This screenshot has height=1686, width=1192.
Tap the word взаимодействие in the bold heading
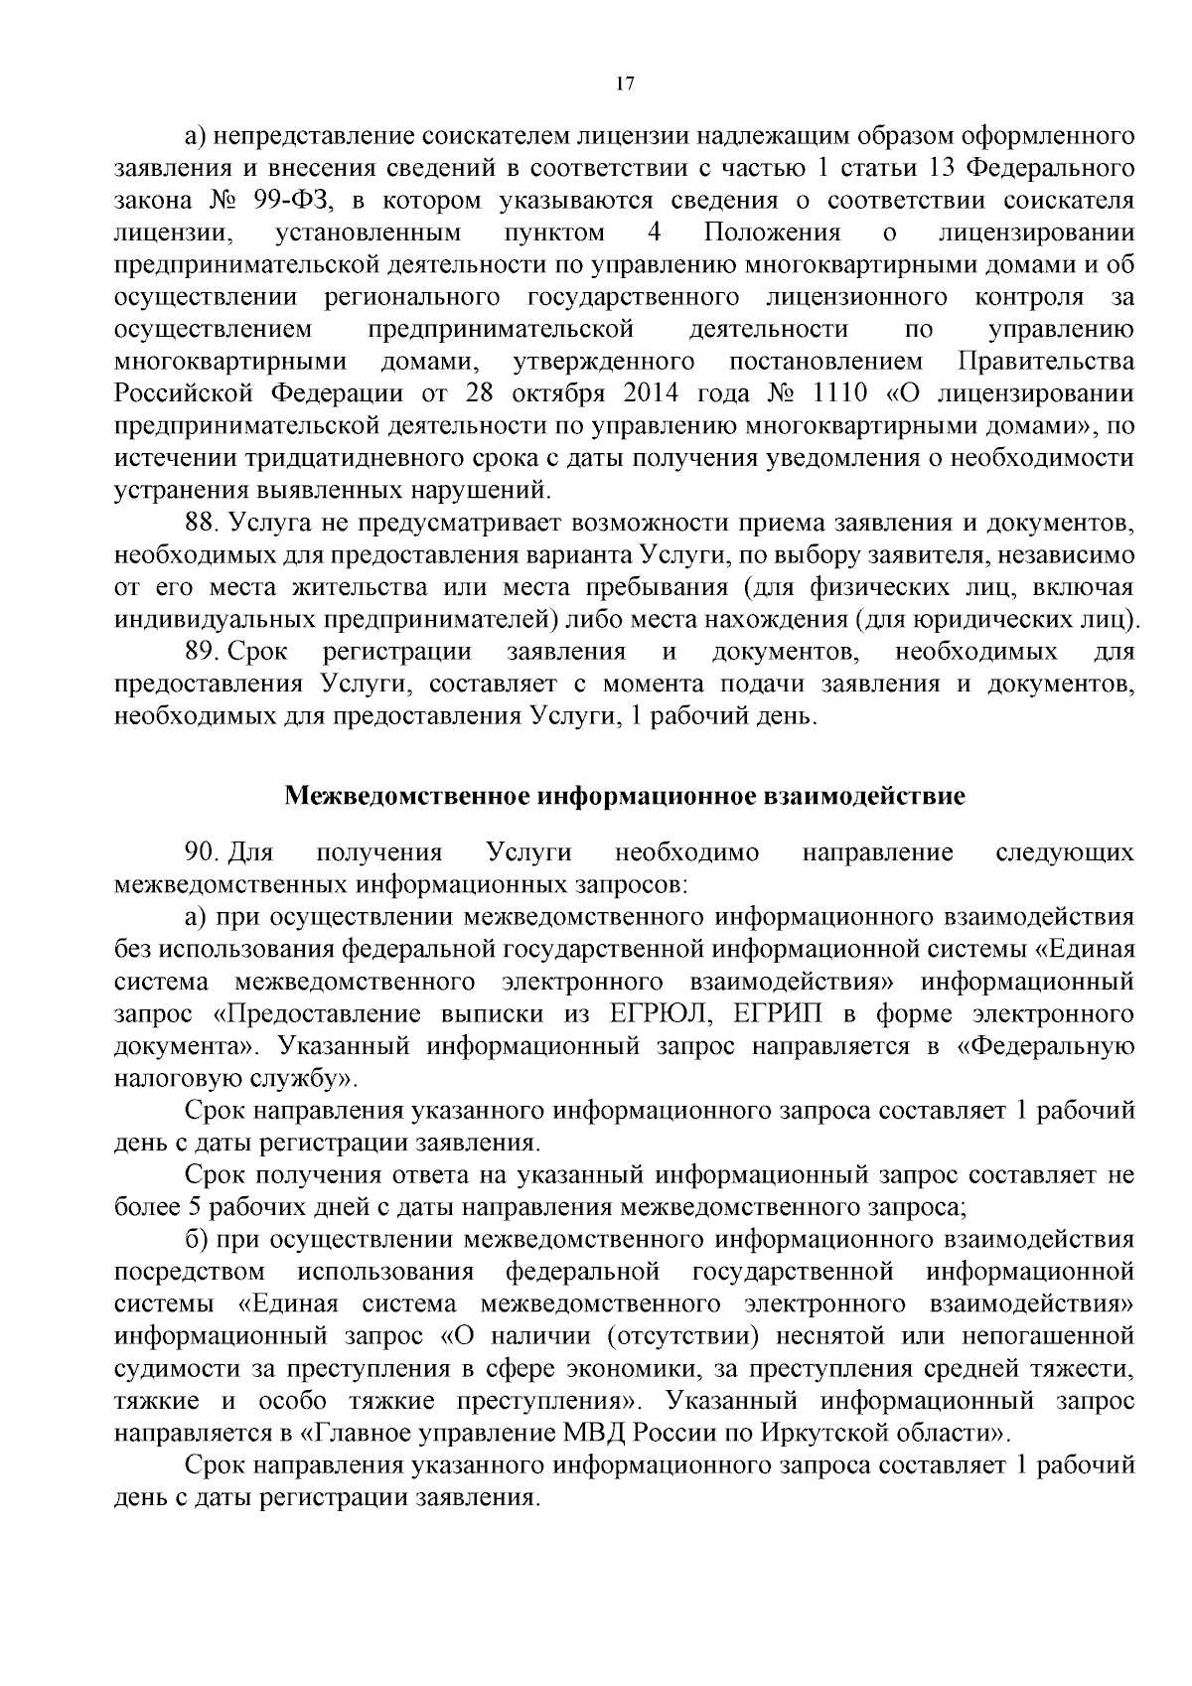coord(866,796)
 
